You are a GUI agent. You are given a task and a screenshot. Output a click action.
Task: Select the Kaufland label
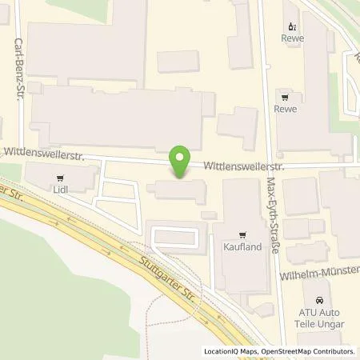pyautogui.click(x=238, y=249)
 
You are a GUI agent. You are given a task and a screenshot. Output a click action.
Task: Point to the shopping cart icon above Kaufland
pyautogui.click(x=238, y=235)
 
